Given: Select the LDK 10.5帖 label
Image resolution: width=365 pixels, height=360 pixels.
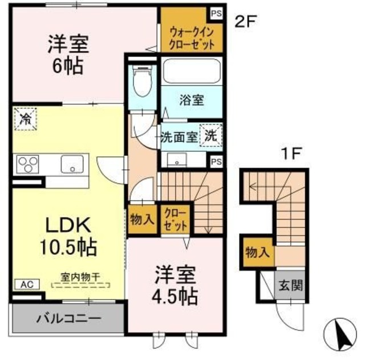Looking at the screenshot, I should tap(68, 236).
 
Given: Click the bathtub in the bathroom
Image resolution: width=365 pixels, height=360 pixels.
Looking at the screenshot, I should tap(191, 72).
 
